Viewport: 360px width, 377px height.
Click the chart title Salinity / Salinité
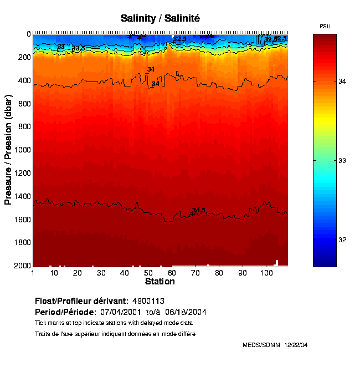coord(160,18)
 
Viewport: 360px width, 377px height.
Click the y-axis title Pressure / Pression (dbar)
coord(8,149)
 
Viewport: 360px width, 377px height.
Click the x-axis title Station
coord(160,282)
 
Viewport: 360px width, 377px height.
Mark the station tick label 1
coord(33,273)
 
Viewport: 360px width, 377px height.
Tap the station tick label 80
coord(219,273)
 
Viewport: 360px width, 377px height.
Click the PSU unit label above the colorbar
coord(325,27)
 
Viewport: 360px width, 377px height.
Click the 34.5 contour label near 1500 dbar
coord(198,210)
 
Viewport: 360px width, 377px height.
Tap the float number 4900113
coord(148,301)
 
